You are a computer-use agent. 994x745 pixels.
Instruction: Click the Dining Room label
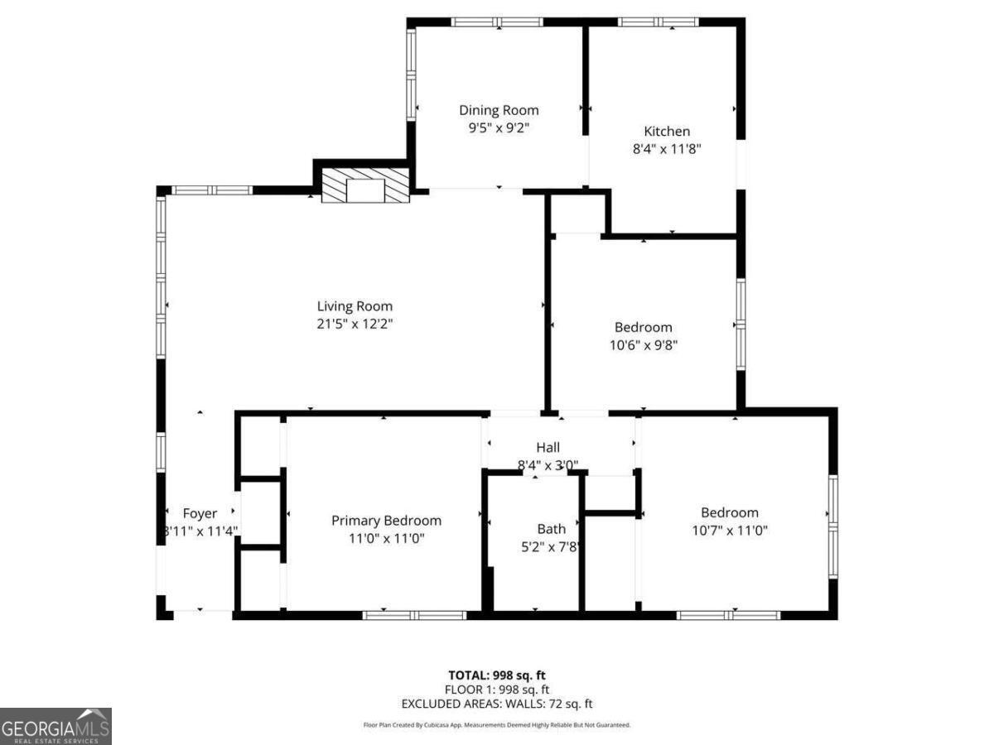(x=499, y=110)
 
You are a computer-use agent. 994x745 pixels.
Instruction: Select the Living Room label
(x=355, y=306)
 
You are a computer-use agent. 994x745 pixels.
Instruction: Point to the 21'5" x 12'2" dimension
(x=355, y=324)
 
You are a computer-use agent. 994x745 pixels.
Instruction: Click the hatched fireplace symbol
(x=365, y=185)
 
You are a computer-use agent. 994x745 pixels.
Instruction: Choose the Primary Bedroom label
(x=386, y=521)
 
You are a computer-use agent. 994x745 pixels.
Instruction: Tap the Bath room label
(x=552, y=528)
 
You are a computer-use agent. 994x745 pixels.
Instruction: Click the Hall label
(x=548, y=448)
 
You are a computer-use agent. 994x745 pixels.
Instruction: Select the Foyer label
(x=200, y=513)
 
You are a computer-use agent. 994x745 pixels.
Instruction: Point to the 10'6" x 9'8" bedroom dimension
(x=644, y=345)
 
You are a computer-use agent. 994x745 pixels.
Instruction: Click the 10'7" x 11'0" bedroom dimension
(x=730, y=531)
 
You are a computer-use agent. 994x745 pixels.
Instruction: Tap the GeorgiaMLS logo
(x=55, y=726)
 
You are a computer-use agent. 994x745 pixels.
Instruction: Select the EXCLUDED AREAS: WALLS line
(x=497, y=704)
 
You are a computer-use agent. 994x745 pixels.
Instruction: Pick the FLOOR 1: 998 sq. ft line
(x=497, y=689)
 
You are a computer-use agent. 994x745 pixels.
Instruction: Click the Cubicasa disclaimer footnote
(x=497, y=725)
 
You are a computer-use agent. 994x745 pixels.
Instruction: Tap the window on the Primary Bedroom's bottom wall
(x=415, y=615)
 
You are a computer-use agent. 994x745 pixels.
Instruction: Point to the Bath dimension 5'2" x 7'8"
(x=552, y=546)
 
